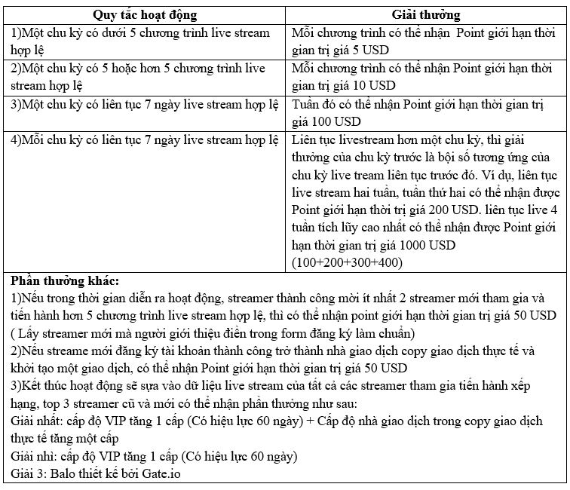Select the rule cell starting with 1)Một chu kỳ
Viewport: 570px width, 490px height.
point(143,41)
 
